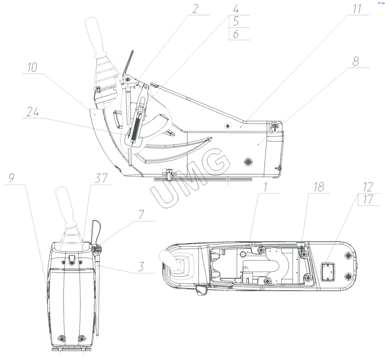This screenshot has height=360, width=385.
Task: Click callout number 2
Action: tap(195, 9)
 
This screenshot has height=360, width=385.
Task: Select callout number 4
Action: tap(236, 9)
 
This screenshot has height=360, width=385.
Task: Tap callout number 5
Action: tap(236, 21)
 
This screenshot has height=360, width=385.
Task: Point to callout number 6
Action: tap(236, 34)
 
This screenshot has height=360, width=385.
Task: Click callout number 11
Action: tap(357, 9)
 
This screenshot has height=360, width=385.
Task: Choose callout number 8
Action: tap(356, 61)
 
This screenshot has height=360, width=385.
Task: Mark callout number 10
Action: tap(32, 68)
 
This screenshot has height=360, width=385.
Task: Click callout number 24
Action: tap(33, 112)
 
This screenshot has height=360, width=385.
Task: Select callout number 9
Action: tap(12, 178)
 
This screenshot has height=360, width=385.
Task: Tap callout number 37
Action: tap(101, 178)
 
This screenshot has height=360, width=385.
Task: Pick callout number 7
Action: tap(141, 214)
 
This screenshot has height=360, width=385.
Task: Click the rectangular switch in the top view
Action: tap(328, 272)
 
